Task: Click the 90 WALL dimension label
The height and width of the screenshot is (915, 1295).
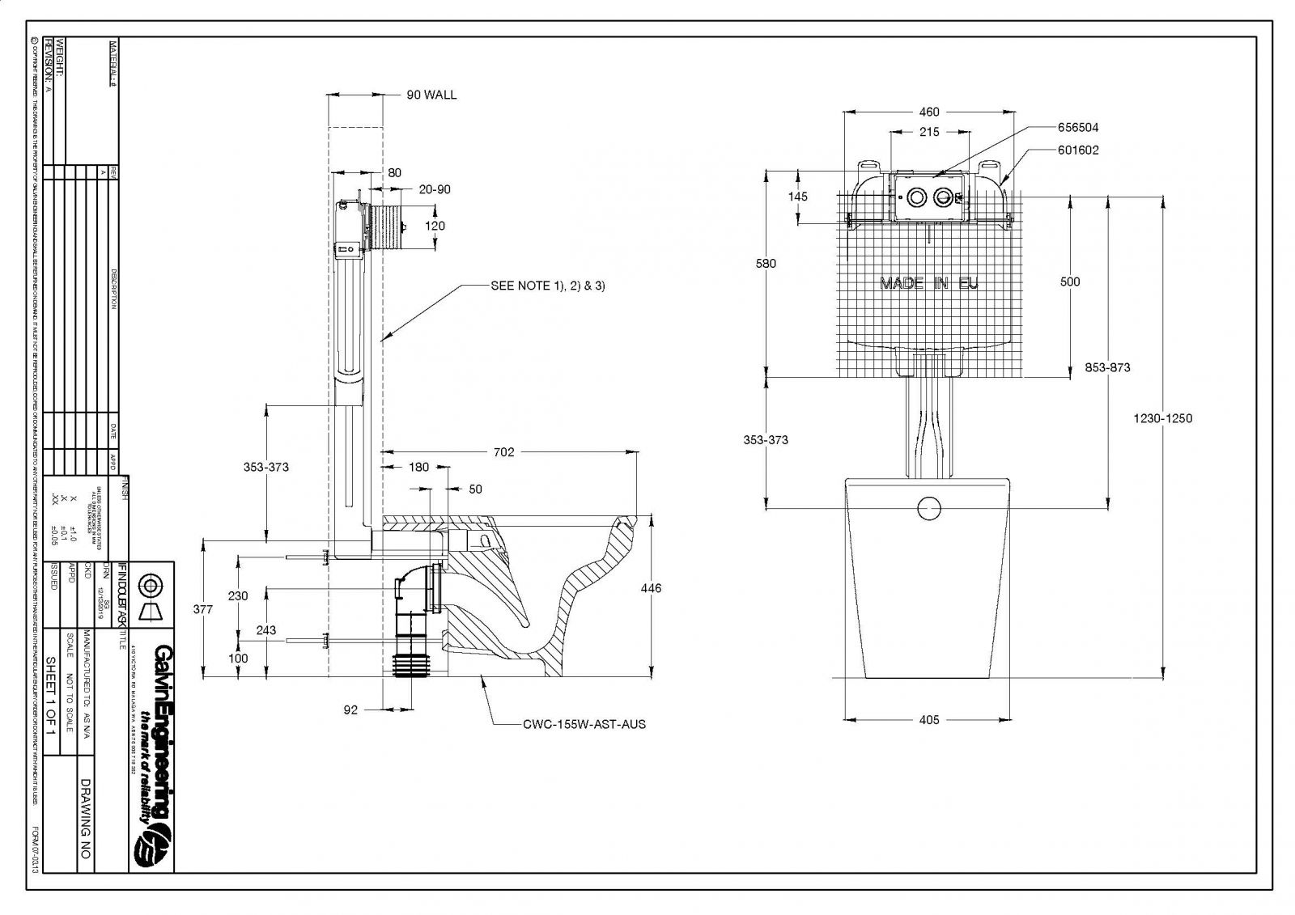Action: pyautogui.click(x=431, y=95)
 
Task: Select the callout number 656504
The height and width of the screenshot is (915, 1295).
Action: pyautogui.click(x=1077, y=128)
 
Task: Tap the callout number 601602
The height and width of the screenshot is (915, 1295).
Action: pyautogui.click(x=1077, y=150)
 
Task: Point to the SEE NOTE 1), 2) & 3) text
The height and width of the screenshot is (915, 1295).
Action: pyautogui.click(x=548, y=286)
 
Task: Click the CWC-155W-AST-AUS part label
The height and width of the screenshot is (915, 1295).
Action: pyautogui.click(x=584, y=724)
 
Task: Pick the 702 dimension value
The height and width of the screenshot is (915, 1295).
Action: pyautogui.click(x=503, y=452)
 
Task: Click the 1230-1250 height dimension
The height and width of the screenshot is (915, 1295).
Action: pyautogui.click(x=1162, y=418)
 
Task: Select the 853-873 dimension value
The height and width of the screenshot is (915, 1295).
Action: pyautogui.click(x=1107, y=367)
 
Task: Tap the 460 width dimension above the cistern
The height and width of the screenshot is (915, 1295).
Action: pyautogui.click(x=929, y=112)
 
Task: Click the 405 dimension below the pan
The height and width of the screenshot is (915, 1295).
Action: pyautogui.click(x=929, y=719)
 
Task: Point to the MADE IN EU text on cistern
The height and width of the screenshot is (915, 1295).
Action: pyautogui.click(x=929, y=283)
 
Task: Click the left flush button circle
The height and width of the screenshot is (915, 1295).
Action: pyautogui.click(x=916, y=197)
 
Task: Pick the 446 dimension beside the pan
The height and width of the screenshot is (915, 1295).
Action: pyautogui.click(x=651, y=588)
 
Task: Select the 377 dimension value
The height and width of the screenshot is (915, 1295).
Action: pyautogui.click(x=204, y=609)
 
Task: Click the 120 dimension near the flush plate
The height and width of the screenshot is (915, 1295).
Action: pyautogui.click(x=435, y=226)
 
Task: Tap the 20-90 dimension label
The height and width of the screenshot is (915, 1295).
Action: pyautogui.click(x=435, y=189)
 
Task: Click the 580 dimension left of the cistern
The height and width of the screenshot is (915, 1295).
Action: pyautogui.click(x=766, y=264)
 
